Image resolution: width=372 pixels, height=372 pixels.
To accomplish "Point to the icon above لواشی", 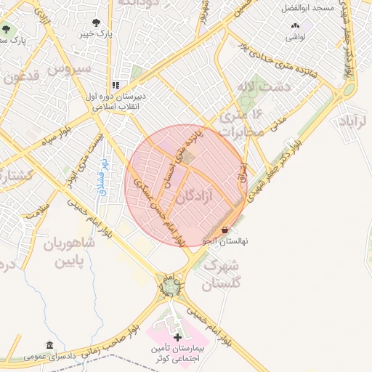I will tap(294, 24).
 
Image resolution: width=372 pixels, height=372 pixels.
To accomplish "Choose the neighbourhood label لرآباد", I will tap(355, 121).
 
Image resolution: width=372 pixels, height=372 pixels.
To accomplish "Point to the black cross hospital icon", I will tap(178, 338).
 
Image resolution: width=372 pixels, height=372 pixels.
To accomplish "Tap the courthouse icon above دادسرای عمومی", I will tap(49, 345).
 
